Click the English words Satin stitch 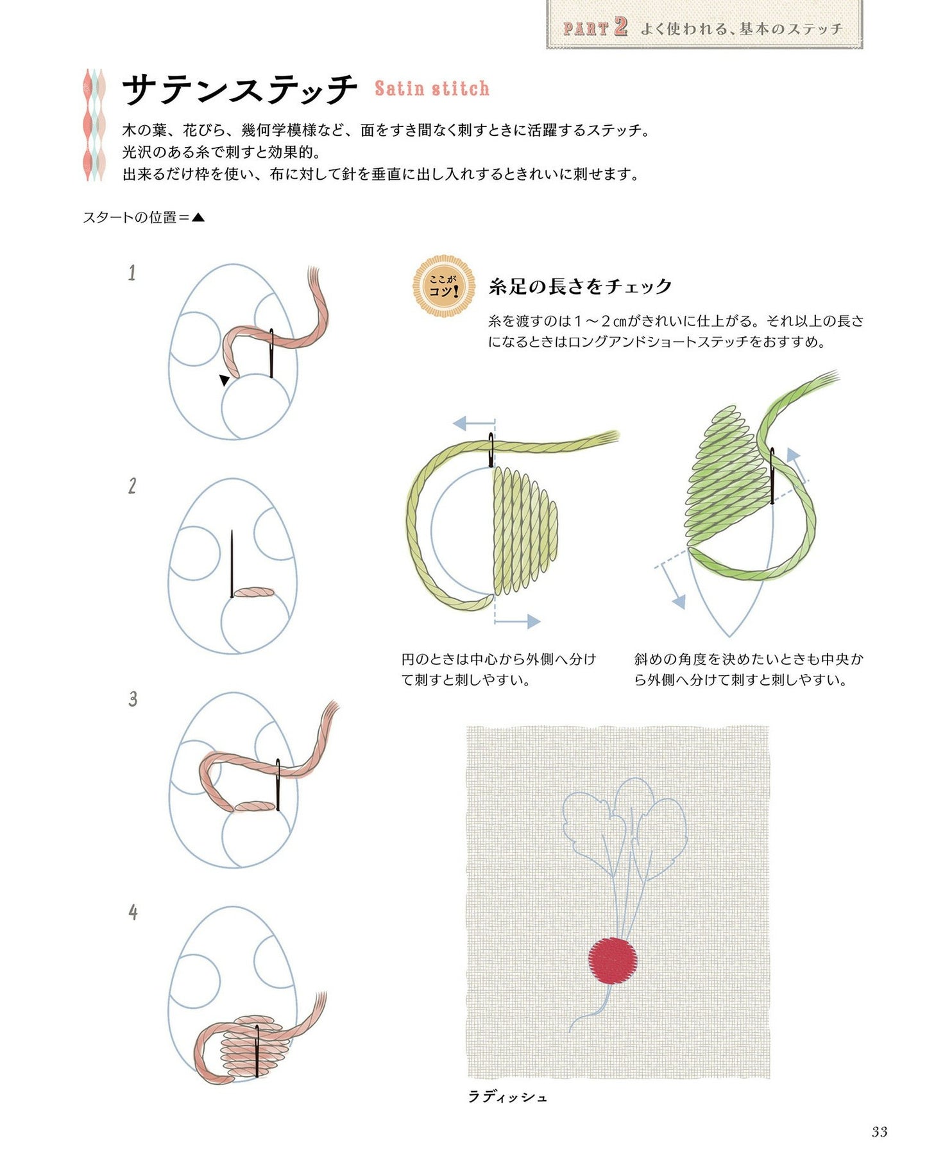click(432, 88)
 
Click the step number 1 click(132, 273)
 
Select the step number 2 click(132, 486)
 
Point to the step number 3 click(133, 699)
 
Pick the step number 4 click(133, 912)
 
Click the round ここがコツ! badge click(444, 286)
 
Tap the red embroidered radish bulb click(613, 961)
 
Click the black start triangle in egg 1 click(224, 380)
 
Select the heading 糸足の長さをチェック click(580, 286)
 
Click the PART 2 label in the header click(595, 28)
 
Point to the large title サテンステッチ click(239, 89)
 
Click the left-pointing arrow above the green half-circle click(474, 424)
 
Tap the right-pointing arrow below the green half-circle click(518, 621)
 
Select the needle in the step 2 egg click(232, 564)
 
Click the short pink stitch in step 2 click(254, 592)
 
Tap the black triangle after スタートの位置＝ click(198, 218)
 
